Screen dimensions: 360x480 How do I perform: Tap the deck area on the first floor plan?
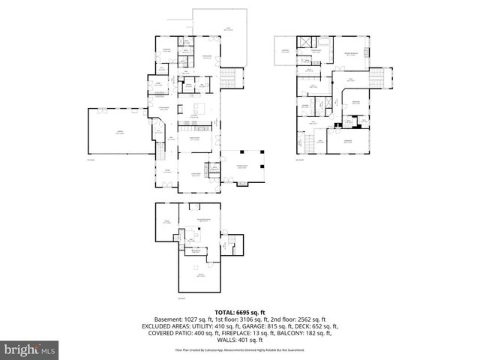218,31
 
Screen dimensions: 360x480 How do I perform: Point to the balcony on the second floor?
286,52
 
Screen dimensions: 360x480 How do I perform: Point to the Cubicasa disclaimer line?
239,350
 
